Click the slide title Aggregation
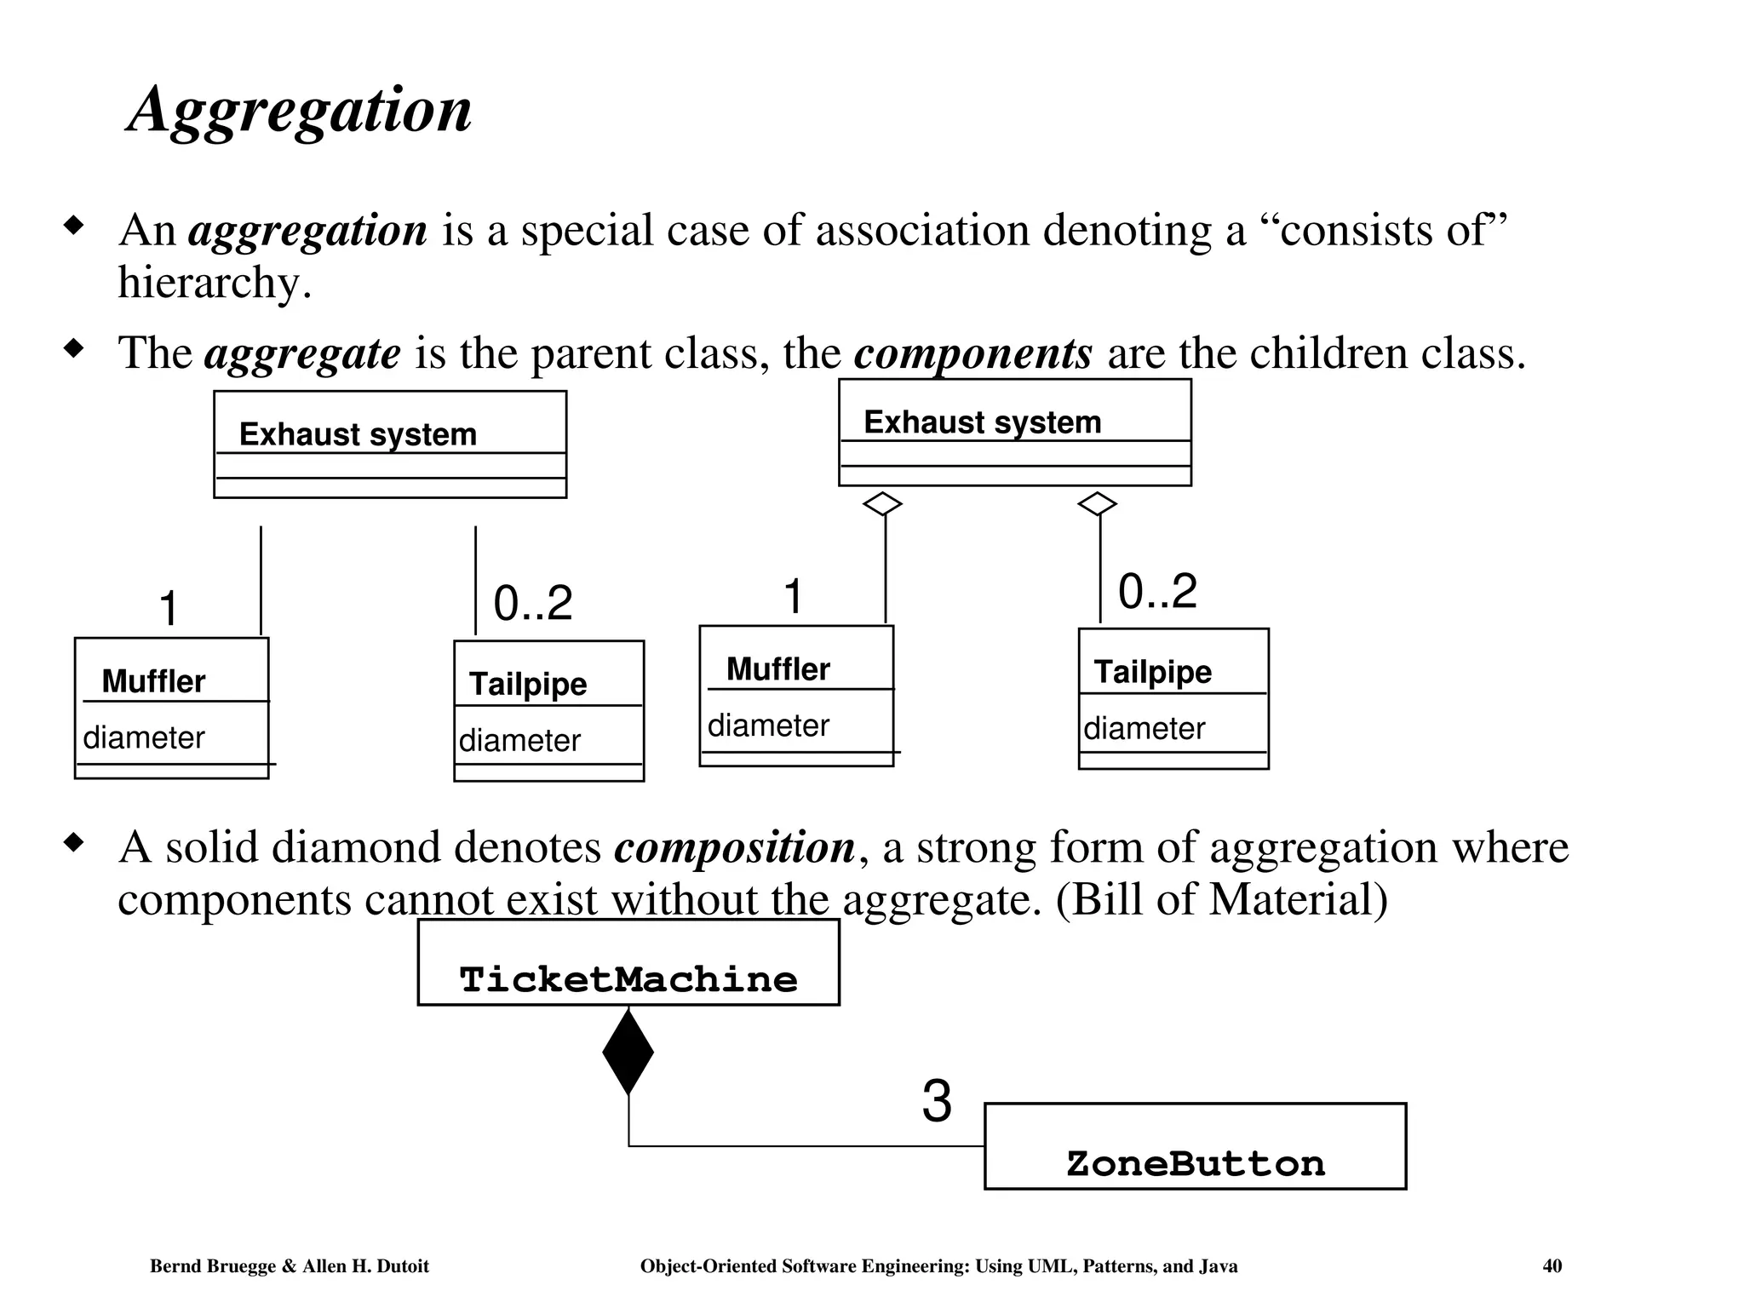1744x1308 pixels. coord(299,110)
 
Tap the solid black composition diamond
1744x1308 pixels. coord(628,1053)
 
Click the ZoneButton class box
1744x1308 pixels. coord(1195,1146)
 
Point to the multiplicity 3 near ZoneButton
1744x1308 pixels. coord(937,1102)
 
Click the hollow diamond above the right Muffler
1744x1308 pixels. coord(882,504)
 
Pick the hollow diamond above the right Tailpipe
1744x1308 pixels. coord(1097,504)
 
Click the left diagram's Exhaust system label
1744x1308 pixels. coord(358,434)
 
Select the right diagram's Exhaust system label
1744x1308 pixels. coord(983,422)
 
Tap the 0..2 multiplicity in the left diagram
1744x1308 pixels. coord(533,604)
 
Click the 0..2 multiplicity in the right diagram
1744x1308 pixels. coord(1157,591)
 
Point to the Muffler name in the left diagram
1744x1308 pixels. coord(153,681)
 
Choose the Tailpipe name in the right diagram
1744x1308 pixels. coord(1153,672)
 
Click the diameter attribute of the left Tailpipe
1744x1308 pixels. coord(519,741)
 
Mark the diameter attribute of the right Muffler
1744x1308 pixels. coord(768,726)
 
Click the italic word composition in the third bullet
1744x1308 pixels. coord(735,847)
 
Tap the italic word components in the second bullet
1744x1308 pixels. coord(972,353)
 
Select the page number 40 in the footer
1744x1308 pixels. coord(1552,1266)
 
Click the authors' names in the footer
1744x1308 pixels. coord(290,1266)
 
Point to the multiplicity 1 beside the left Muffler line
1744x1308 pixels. coord(169,609)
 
